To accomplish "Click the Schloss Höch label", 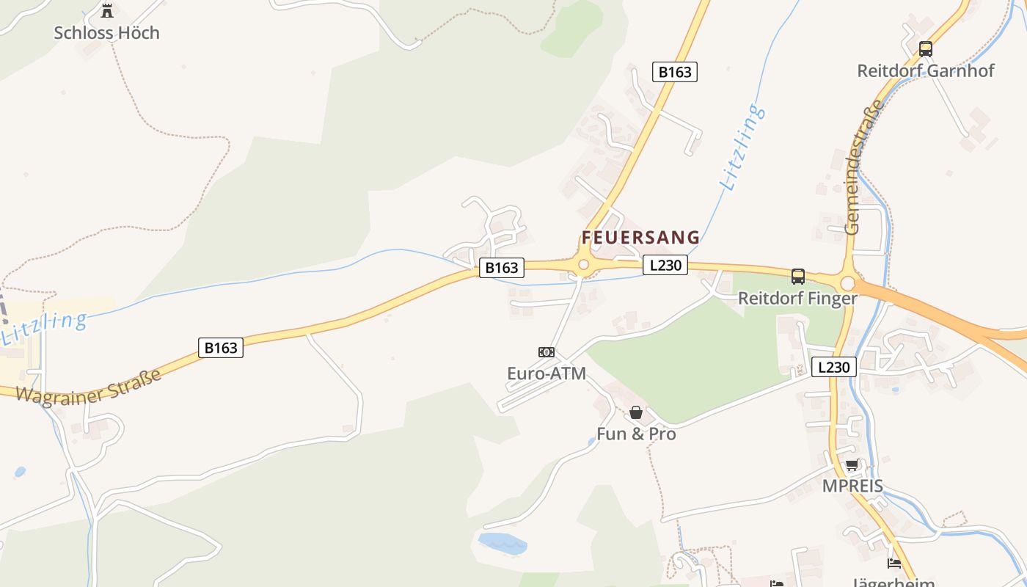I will [106, 33].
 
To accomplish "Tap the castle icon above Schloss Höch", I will [107, 10].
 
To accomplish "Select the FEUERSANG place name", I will [640, 238].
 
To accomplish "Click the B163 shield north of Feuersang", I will [674, 72].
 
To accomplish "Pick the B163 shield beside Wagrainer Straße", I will [220, 348].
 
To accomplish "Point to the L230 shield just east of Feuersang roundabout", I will [665, 265].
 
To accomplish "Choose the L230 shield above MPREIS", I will [834, 367].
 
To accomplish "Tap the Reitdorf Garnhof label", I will [926, 71].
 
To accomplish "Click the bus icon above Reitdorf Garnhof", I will [926, 49].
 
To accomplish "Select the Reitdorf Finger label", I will [797, 299].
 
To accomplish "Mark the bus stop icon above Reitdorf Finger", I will [797, 277].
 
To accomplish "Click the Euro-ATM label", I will [547, 373].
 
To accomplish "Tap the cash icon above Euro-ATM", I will [547, 352].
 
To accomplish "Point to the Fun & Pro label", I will [636, 434].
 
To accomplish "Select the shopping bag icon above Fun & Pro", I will [636, 412].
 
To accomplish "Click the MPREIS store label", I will [852, 486].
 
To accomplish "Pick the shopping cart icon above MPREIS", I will [852, 465].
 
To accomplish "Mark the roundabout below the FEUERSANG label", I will [584, 265].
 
